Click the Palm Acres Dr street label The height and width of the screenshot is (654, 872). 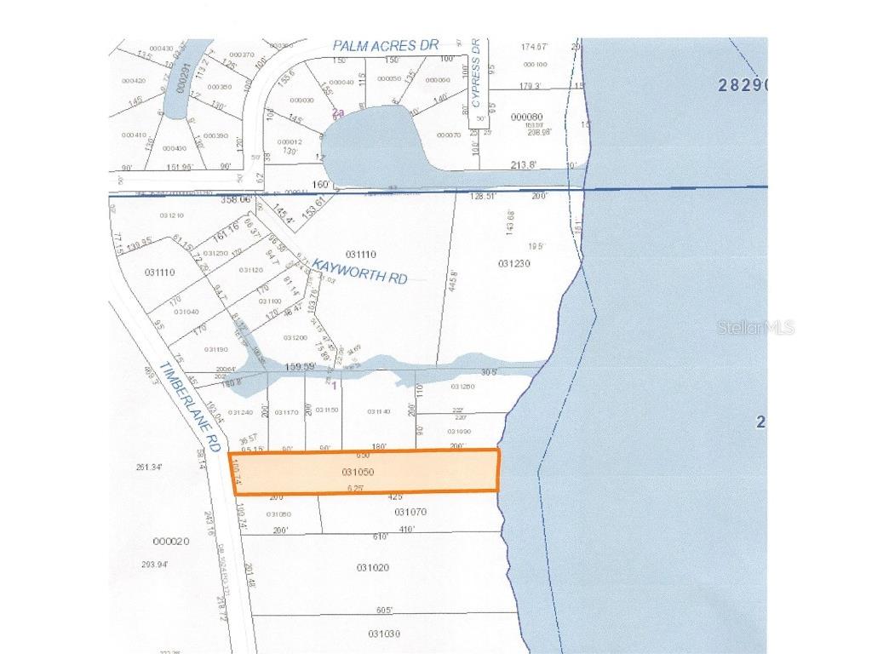point(385,45)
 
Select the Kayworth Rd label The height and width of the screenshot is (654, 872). point(359,272)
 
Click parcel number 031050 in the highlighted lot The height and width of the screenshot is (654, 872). point(359,471)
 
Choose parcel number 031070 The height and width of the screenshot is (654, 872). point(410,512)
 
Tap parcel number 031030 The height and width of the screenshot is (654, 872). point(384,634)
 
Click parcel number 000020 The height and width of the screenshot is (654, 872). point(170,542)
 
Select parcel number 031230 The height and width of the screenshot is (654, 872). point(513,263)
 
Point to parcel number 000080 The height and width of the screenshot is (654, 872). point(526,117)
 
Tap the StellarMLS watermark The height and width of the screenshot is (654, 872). point(756,327)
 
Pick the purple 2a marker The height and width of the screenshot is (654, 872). point(338,112)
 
